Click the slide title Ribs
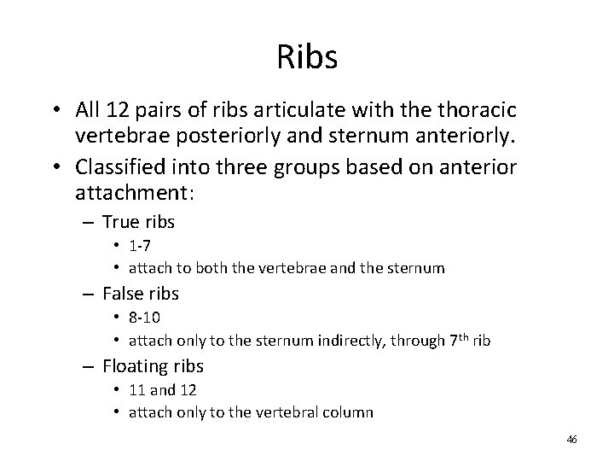(x=307, y=57)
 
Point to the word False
(x=123, y=295)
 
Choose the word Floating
(x=132, y=368)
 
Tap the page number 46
(x=571, y=440)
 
